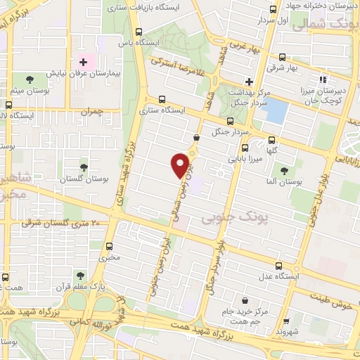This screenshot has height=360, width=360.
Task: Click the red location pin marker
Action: coord(181,165)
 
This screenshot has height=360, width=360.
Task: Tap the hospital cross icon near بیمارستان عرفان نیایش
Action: coord(83,62)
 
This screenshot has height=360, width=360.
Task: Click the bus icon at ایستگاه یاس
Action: coord(139,32)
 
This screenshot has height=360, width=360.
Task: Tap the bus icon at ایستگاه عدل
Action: coord(280,266)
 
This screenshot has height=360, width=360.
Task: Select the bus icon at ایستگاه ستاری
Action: coord(162,99)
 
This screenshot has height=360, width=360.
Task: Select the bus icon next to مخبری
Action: coord(110,246)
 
